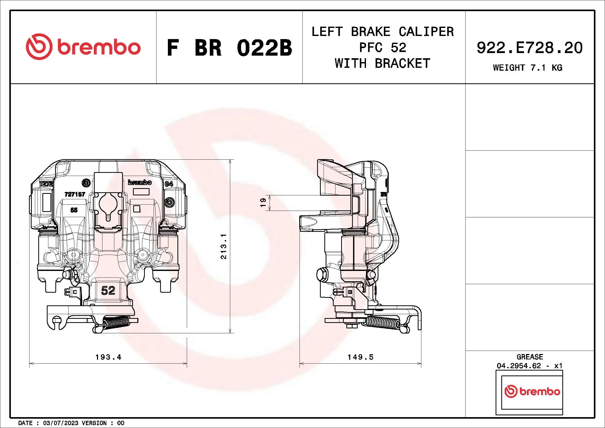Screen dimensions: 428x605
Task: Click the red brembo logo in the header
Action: click(x=83, y=47)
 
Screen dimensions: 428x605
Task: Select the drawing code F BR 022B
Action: click(x=229, y=48)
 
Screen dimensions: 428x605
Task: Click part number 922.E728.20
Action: click(x=530, y=48)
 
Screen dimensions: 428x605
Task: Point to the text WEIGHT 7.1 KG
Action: click(x=527, y=68)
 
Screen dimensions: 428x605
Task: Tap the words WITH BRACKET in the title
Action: click(x=382, y=63)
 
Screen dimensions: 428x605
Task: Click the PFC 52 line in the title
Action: click(x=383, y=48)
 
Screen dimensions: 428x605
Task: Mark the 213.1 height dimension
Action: click(x=223, y=246)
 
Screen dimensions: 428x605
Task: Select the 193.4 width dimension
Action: click(x=108, y=357)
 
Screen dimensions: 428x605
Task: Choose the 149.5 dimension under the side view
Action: click(x=360, y=357)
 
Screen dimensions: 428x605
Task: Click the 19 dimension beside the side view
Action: click(x=263, y=203)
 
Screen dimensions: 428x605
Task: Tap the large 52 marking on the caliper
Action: click(x=108, y=290)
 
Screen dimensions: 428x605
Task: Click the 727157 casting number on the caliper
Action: click(x=75, y=194)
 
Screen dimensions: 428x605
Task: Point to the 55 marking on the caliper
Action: click(x=74, y=210)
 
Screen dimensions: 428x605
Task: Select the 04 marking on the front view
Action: click(x=169, y=184)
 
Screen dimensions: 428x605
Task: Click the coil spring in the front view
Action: click(x=116, y=323)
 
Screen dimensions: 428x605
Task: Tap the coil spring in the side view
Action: click(x=383, y=323)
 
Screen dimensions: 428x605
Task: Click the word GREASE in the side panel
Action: click(x=530, y=357)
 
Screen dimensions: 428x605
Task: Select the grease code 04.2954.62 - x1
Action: click(x=530, y=366)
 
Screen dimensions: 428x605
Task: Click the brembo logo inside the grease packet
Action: click(x=532, y=392)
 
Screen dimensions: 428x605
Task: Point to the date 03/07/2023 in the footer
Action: click(x=61, y=423)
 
